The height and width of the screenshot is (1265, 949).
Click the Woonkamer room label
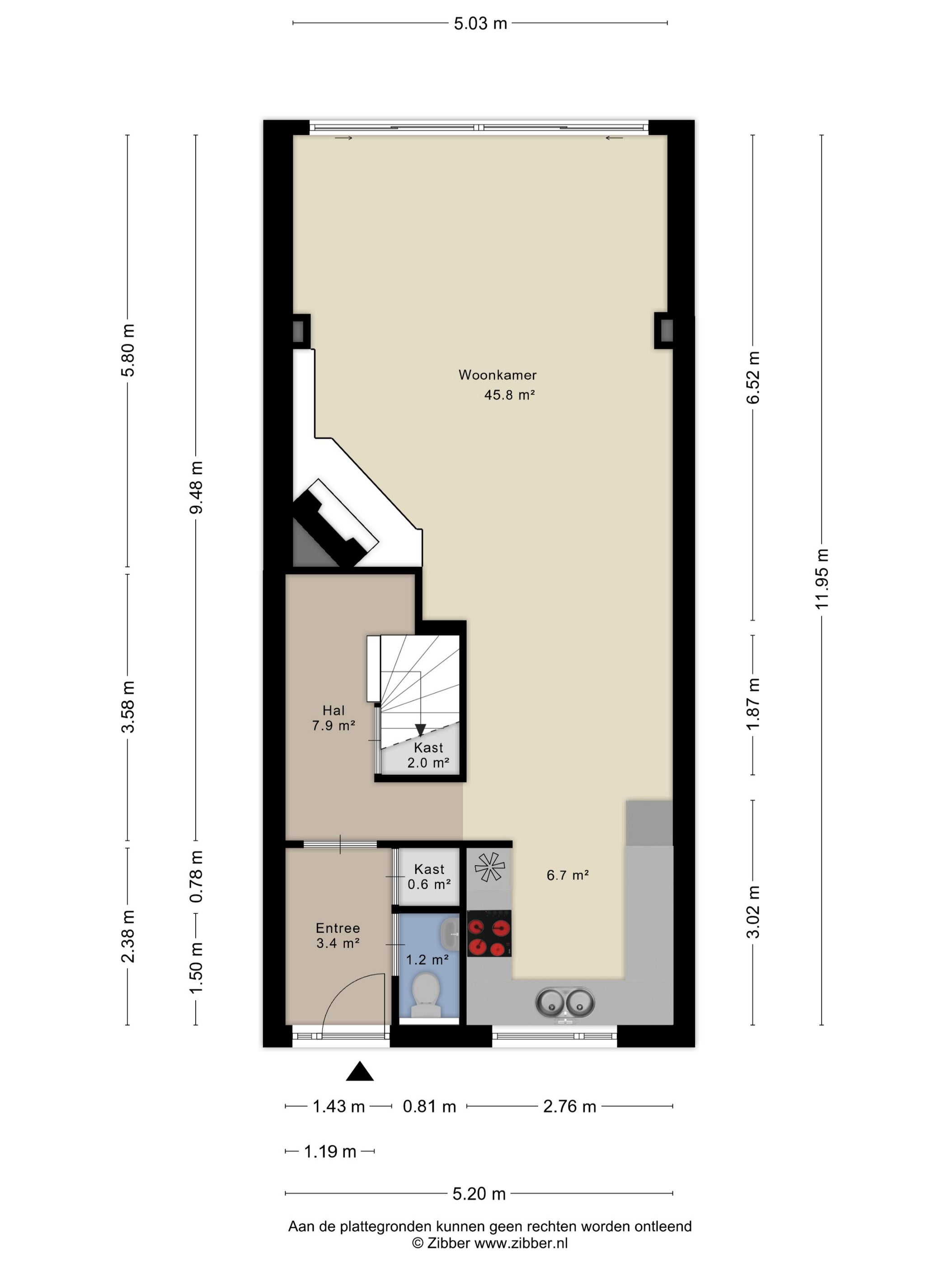[497, 375]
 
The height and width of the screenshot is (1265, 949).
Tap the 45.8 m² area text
[509, 394]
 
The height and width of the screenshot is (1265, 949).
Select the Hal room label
[334, 710]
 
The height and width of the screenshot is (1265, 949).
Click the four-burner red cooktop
[489, 933]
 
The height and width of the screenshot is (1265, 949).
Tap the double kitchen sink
[564, 1003]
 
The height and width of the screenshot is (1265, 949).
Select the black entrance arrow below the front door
[360, 1071]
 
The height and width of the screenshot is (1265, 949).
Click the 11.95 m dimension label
[822, 579]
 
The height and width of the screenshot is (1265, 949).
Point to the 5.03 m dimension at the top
[480, 23]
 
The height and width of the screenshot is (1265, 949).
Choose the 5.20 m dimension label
[479, 1194]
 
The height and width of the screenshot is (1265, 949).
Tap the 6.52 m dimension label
[753, 377]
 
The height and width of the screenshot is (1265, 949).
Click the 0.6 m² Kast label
[429, 877]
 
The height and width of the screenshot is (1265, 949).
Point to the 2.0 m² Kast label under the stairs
[428, 755]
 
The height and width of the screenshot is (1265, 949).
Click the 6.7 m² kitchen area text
[568, 875]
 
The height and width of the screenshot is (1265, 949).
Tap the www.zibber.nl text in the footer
[521, 1243]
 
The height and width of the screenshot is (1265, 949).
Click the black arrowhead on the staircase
[420, 730]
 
